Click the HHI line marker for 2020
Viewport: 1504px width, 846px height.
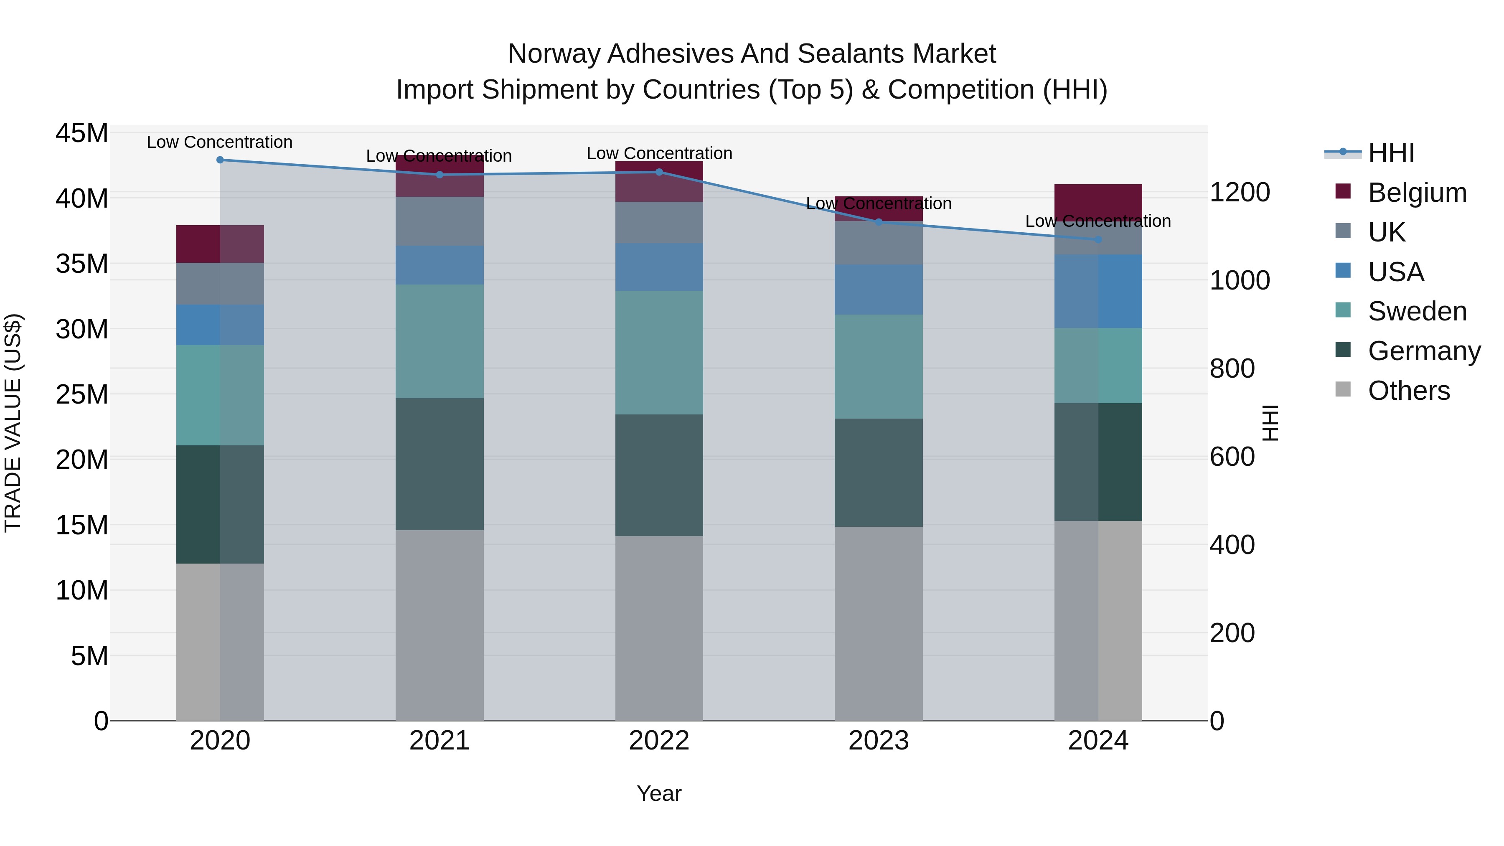point(220,160)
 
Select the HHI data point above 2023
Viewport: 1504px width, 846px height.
point(878,222)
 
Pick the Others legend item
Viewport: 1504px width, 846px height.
point(1408,391)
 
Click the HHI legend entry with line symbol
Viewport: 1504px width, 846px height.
point(1391,153)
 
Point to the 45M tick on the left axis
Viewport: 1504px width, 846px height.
point(82,133)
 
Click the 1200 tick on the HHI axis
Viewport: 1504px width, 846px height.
point(1239,193)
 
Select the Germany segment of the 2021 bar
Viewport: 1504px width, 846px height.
point(440,464)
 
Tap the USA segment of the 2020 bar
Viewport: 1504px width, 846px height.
point(220,325)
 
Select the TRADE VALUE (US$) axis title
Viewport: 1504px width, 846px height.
point(13,423)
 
